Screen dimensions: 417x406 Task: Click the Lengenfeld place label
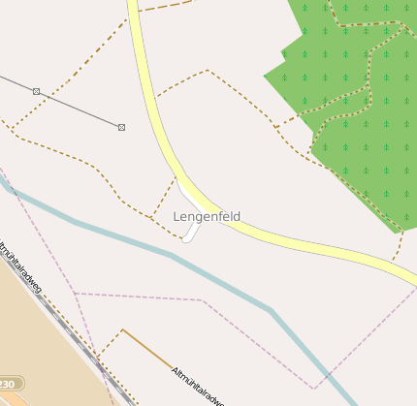(x=207, y=216)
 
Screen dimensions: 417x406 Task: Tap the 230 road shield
(x=11, y=385)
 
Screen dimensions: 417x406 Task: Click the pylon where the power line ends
(x=121, y=127)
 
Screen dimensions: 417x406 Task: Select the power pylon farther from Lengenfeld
(x=36, y=91)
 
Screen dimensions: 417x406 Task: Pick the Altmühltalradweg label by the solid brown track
(x=198, y=386)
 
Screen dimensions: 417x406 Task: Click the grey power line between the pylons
(x=78, y=109)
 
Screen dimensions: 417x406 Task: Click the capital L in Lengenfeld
(x=177, y=216)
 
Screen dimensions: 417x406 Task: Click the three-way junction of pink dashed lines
(x=75, y=293)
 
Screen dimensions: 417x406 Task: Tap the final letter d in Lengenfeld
(x=237, y=216)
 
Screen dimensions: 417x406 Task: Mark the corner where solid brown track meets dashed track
(x=122, y=330)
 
